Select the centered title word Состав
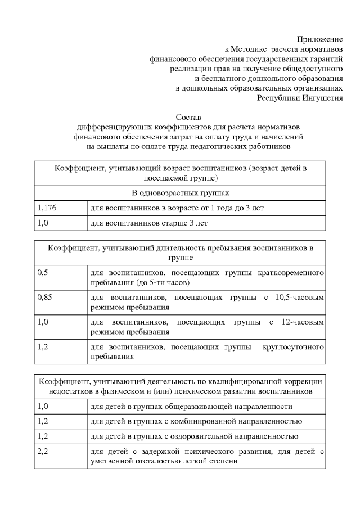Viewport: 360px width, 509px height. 188,118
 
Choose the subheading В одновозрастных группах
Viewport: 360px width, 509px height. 181,193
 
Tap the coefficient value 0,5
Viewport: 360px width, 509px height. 42,272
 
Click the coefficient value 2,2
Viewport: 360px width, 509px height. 42,451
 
